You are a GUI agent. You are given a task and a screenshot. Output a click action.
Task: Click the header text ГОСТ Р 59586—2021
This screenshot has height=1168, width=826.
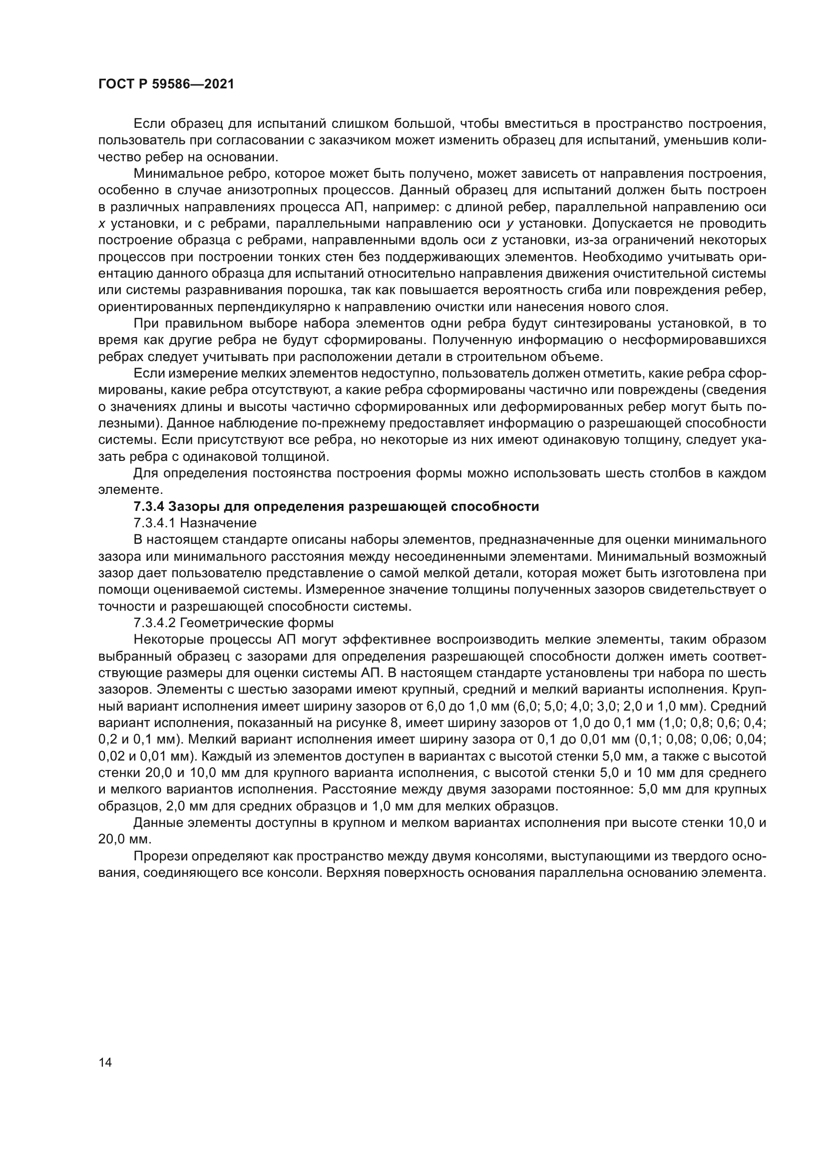click(166, 84)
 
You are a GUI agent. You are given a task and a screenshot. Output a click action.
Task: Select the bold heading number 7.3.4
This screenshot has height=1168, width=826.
click(148, 507)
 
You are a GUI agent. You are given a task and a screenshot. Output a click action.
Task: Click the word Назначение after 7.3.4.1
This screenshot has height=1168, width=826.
click(218, 523)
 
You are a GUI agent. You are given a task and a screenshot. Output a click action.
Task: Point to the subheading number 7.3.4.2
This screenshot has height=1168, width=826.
click(155, 623)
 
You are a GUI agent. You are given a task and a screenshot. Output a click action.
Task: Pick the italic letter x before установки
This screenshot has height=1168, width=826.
click(101, 224)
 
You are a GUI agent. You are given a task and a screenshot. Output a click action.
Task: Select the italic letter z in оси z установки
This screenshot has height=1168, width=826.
click(493, 240)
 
